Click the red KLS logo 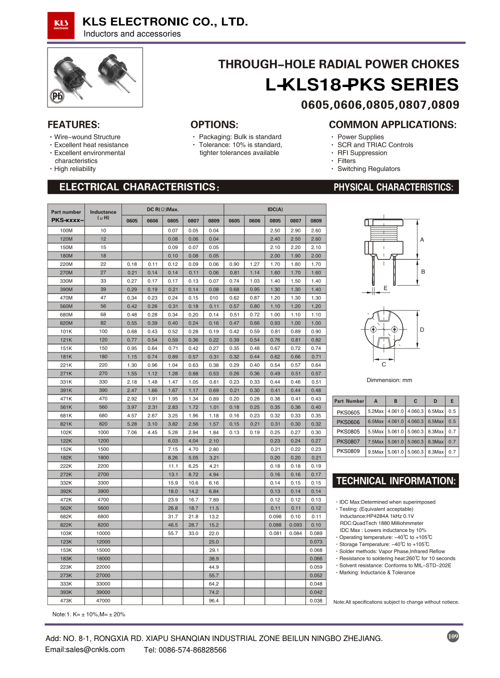click(x=61, y=25)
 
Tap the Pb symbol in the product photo click(x=57, y=95)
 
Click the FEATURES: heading click(x=73, y=124)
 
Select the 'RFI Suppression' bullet click(x=362, y=153)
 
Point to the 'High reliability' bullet click(x=75, y=169)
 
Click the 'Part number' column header click(x=66, y=212)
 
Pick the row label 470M click(x=66, y=298)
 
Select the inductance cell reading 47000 click(x=103, y=600)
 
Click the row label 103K click(x=66, y=533)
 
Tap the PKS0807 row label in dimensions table click(x=348, y=441)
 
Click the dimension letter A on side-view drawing click(x=422, y=240)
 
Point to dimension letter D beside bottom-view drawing click(x=422, y=330)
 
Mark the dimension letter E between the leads click(x=385, y=288)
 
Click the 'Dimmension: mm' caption click(x=389, y=380)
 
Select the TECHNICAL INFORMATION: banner click(x=395, y=481)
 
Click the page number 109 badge click(x=453, y=636)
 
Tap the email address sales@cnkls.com click(x=85, y=649)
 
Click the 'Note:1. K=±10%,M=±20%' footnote click(x=89, y=614)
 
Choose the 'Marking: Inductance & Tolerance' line click(x=377, y=572)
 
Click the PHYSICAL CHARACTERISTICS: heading click(x=393, y=187)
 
